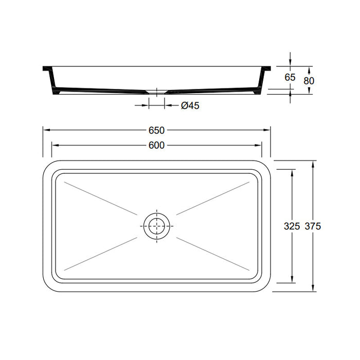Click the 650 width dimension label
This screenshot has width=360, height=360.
pyautogui.click(x=156, y=130)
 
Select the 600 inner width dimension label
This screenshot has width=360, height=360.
pyautogui.click(x=156, y=146)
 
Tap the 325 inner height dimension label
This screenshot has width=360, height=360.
pyautogui.click(x=292, y=226)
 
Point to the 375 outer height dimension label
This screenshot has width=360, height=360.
pyautogui.click(x=313, y=226)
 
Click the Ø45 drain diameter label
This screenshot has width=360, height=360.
pyautogui.click(x=190, y=105)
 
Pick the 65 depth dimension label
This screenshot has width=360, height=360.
pyautogui.click(x=290, y=78)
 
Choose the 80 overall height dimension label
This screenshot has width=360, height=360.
pyautogui.click(x=309, y=80)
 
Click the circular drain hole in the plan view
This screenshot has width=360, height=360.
pyautogui.click(x=156, y=226)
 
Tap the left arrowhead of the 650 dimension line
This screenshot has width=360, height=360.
pyautogui.click(x=45, y=130)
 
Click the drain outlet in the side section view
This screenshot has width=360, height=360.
pyautogui.click(x=156, y=93)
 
